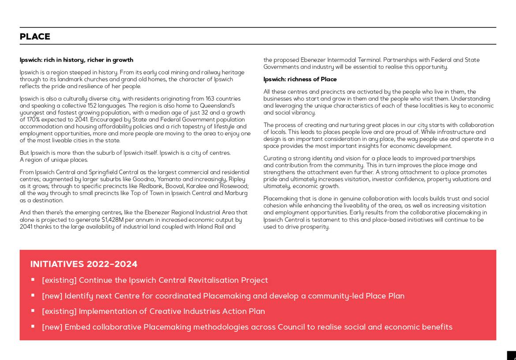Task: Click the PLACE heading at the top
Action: pyautogui.click(x=35, y=37)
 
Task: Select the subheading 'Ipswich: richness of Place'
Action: pyautogui.click(x=300, y=79)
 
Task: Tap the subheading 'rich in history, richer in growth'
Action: pyautogui.click(x=88, y=60)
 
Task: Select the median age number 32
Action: pyautogui.click(x=204, y=112)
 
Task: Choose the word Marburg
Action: pyautogui.click(x=236, y=193)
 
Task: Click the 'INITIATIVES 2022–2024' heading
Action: pyautogui.click(x=84, y=264)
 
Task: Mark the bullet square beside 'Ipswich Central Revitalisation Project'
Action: pyautogui.click(x=33, y=279)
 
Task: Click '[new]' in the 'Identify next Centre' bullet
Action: pyautogui.click(x=52, y=296)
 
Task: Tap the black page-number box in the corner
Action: pyautogui.click(x=512, y=356)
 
